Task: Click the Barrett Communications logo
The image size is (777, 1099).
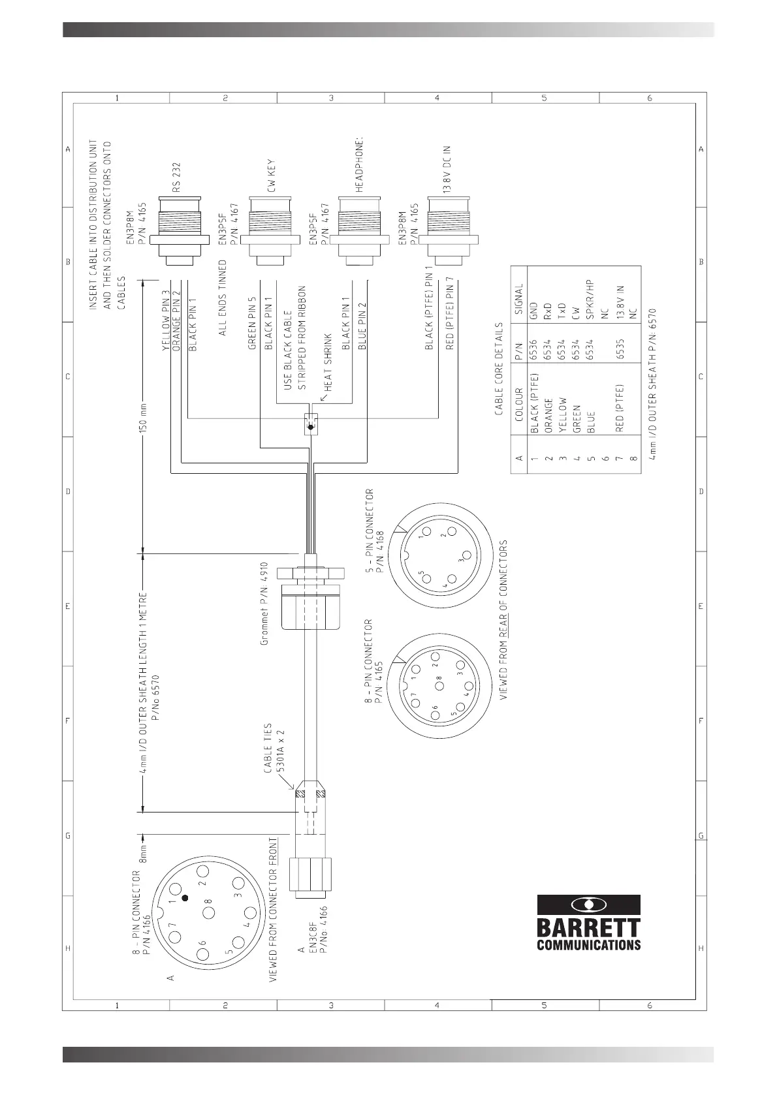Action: [588, 921]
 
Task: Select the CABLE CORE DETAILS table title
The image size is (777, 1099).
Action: [499, 369]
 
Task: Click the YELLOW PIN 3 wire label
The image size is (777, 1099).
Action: [166, 320]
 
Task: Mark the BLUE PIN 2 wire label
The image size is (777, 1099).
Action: [362, 324]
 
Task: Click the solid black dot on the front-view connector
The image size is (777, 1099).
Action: [185, 898]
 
